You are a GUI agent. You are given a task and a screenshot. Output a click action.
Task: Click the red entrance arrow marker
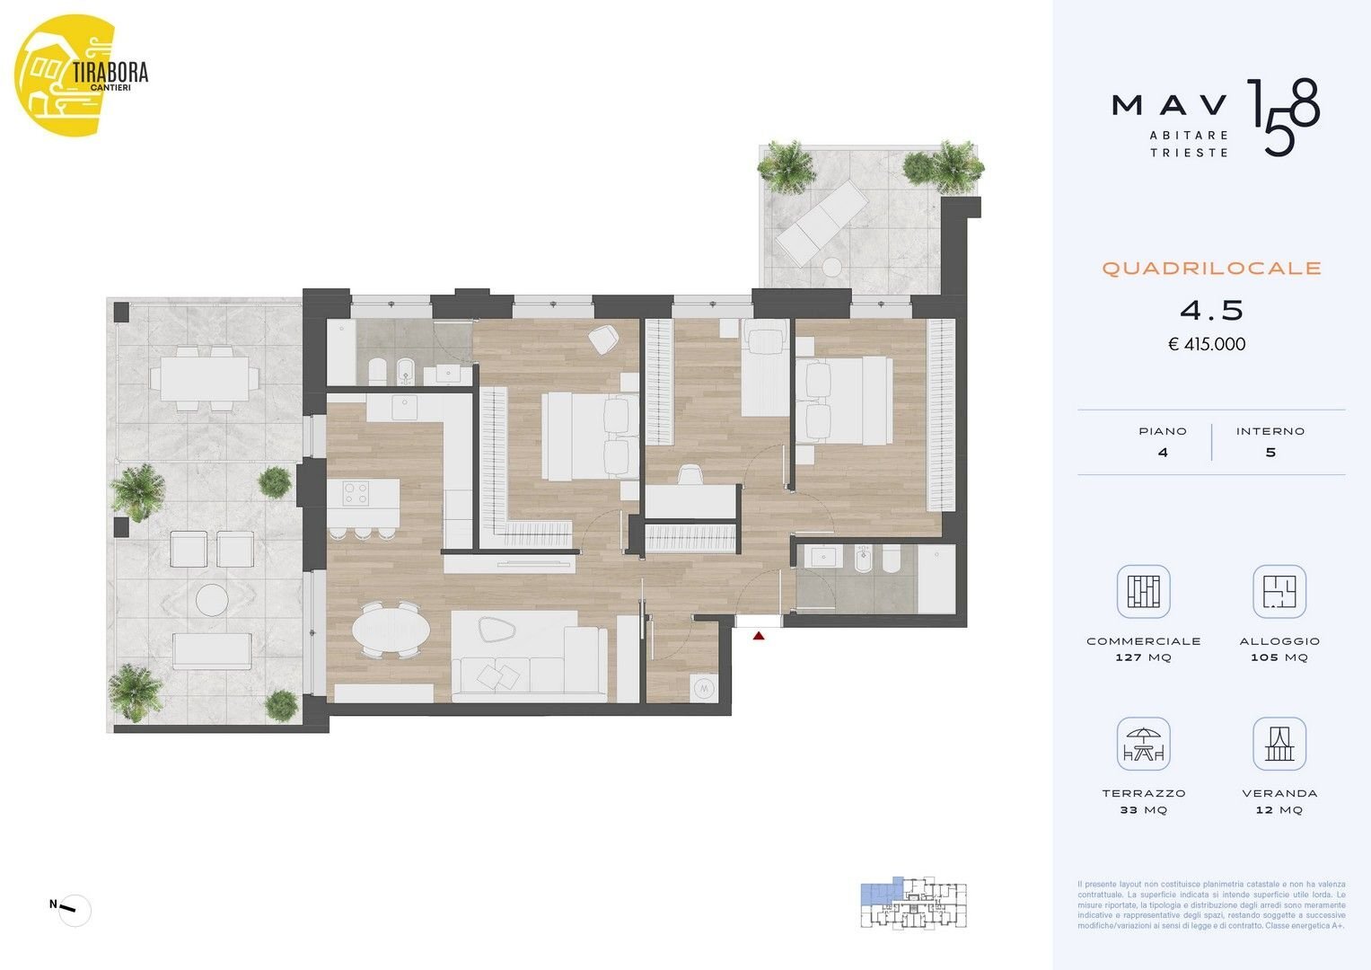(759, 636)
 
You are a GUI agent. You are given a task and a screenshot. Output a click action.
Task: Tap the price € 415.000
(1207, 344)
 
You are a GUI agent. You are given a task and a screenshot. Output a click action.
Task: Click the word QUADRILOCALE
(1211, 269)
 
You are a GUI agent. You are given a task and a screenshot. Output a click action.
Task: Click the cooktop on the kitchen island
(356, 492)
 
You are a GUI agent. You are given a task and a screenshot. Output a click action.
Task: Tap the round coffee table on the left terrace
(212, 599)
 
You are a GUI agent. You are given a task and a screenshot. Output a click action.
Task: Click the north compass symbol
(75, 910)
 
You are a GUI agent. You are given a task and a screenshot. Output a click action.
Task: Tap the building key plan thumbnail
(913, 903)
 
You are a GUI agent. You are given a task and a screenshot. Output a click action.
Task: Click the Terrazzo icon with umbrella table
(1143, 745)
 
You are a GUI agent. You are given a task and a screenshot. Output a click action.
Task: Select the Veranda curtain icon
(1279, 745)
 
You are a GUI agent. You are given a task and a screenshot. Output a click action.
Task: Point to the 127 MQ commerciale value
(1143, 657)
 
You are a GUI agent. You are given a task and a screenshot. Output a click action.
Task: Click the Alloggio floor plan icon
(1279, 592)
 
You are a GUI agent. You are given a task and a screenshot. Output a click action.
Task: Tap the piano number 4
(1163, 453)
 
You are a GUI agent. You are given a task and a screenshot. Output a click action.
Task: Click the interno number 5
(1270, 453)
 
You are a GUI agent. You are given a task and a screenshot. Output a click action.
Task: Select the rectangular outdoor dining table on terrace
(199, 379)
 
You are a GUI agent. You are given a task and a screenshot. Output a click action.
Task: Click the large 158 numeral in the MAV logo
(1283, 117)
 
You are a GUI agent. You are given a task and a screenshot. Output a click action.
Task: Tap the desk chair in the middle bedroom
(690, 475)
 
